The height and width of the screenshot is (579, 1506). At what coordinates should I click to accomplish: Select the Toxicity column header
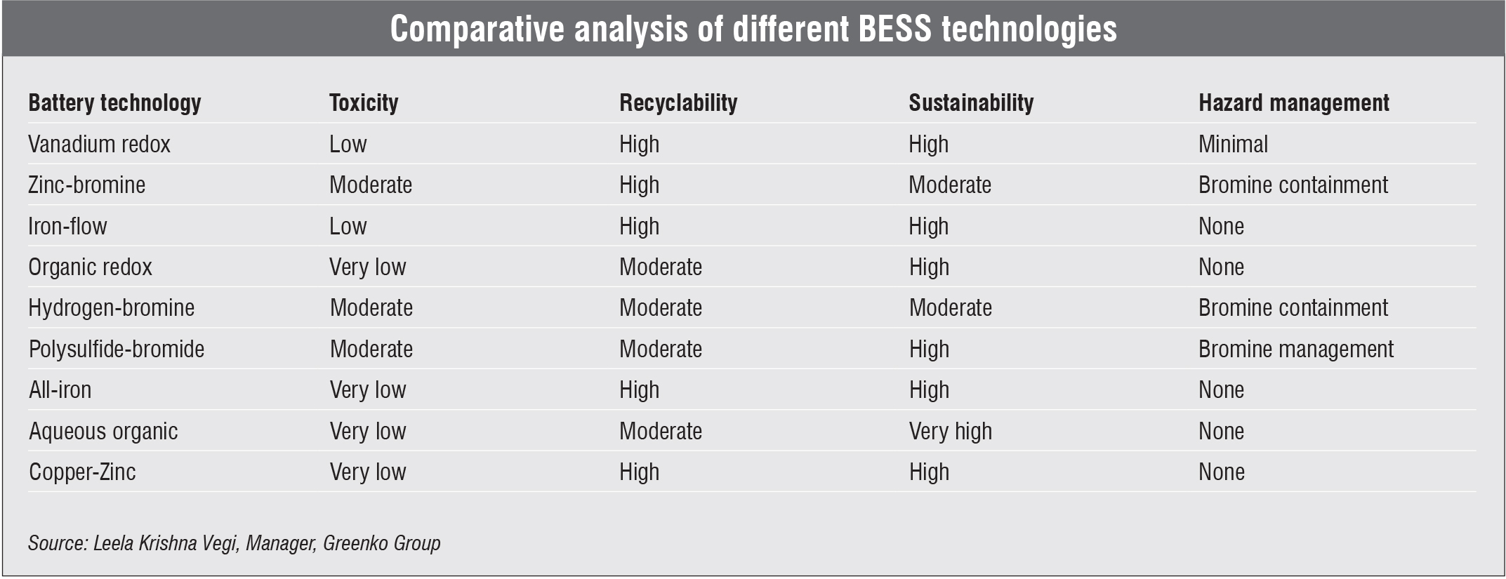364,103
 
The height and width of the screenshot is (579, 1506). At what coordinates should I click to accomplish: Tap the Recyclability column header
678,103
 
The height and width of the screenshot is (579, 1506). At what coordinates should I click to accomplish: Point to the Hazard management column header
1293,103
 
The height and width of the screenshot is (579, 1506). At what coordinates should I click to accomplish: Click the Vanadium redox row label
99,145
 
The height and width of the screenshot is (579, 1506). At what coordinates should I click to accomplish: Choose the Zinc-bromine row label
86,185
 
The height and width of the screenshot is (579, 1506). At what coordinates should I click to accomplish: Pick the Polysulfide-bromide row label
116,350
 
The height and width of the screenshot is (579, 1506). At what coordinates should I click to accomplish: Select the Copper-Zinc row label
82,472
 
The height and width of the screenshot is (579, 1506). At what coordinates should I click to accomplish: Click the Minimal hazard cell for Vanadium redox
1233,145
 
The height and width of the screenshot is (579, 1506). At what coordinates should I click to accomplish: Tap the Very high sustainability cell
950,432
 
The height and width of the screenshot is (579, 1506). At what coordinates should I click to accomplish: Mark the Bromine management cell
1295,350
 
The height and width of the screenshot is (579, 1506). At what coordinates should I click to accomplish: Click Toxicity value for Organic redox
368,267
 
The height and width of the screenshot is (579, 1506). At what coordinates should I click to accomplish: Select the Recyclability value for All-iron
639,390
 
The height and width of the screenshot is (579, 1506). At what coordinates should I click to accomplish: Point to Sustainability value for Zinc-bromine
950,185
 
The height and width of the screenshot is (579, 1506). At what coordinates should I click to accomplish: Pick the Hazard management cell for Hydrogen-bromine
1293,308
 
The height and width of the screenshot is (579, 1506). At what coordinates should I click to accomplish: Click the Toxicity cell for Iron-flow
348,227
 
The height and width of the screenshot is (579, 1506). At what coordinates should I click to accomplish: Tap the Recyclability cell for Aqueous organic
660,432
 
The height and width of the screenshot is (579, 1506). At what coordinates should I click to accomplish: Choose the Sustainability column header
971,103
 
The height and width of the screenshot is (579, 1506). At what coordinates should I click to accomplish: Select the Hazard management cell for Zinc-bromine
1293,185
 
